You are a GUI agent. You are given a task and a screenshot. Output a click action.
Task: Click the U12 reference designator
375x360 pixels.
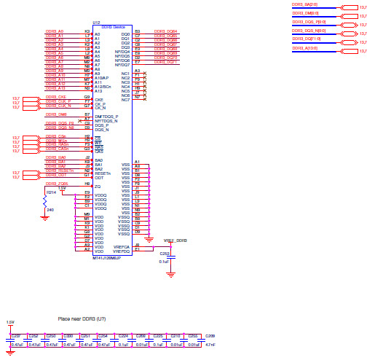(96, 23)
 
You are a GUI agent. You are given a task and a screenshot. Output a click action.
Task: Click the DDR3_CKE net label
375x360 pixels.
(57, 96)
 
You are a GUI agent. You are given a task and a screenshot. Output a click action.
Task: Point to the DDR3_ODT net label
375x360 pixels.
(57, 175)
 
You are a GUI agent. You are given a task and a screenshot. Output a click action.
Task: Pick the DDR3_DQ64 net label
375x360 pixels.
(165, 32)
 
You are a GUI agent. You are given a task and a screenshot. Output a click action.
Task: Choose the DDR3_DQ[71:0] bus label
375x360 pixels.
(307, 39)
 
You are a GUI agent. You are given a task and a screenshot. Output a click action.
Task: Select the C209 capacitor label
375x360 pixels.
(211, 335)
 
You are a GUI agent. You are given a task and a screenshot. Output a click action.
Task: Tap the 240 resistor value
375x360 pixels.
(50, 210)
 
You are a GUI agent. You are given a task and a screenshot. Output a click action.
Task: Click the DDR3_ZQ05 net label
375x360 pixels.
(57, 184)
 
